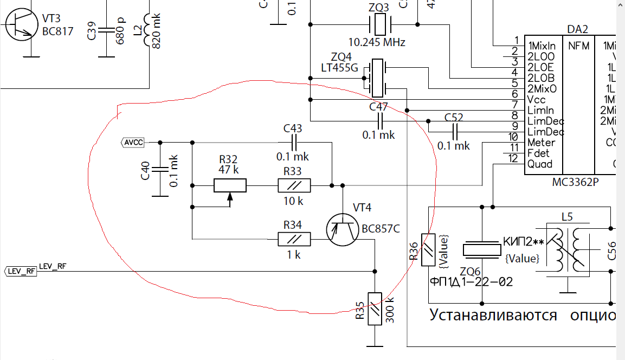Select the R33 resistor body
point(294,186)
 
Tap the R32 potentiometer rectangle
point(230,186)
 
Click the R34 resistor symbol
point(294,239)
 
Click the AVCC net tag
point(132,143)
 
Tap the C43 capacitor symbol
point(294,143)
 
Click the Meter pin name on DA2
point(541,143)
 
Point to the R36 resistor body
point(428,250)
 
